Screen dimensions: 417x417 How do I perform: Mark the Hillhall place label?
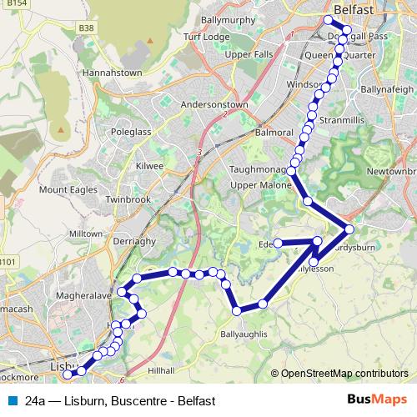(160, 369)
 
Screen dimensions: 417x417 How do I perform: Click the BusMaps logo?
(377, 399)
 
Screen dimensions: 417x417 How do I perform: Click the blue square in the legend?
(11, 400)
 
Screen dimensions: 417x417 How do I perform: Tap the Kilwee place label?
(149, 166)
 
